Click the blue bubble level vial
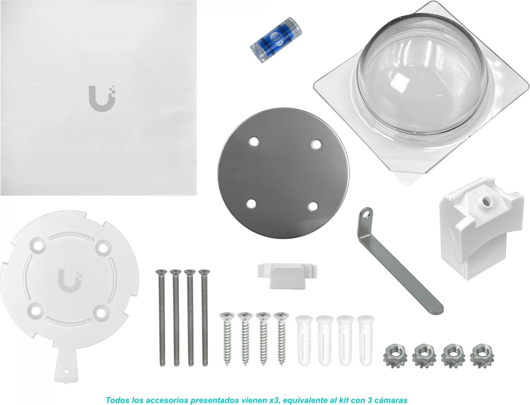click(276, 40)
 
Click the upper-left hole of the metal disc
click(254, 142)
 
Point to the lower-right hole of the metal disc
click(313, 206)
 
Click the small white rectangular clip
click(287, 275)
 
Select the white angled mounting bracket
click(481, 228)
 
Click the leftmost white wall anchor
click(304, 341)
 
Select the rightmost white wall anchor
click(366, 341)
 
